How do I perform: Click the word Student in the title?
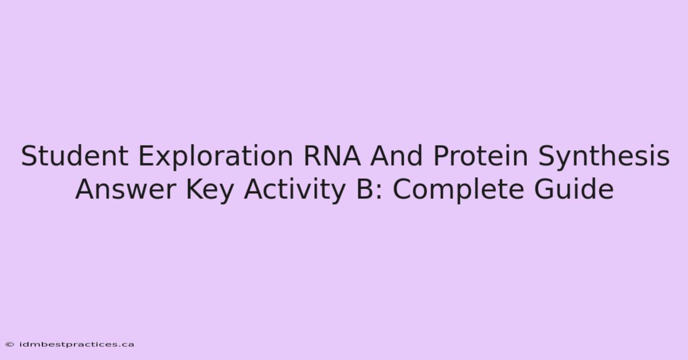coord(75,156)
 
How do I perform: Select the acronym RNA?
coord(332,156)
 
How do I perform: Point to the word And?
coord(397,156)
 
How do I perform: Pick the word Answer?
coord(126,189)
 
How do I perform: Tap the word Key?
coord(210,191)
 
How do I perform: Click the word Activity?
coord(294,191)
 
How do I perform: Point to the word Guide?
coord(574,189)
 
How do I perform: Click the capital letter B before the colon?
coord(364,189)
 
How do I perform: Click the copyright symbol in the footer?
coord(10,345)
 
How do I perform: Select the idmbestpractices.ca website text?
coord(77,345)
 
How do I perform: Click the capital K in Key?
coord(195,189)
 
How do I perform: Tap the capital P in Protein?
coord(441,156)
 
